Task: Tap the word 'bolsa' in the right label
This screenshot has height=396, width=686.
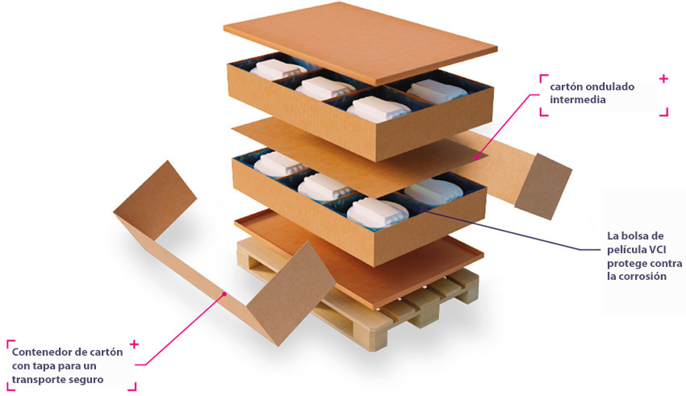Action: click(637, 236)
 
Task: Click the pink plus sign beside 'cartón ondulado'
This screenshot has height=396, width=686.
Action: click(663, 79)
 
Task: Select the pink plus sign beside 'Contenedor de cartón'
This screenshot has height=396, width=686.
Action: click(134, 344)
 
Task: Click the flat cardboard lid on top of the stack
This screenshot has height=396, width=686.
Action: click(360, 40)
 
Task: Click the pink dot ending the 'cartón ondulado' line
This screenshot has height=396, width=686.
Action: click(476, 156)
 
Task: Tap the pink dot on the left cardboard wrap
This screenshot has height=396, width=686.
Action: click(224, 294)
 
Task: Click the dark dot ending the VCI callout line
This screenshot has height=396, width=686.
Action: click(420, 211)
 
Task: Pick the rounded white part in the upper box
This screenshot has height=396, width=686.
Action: click(436, 91)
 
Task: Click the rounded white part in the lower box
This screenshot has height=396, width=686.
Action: click(433, 191)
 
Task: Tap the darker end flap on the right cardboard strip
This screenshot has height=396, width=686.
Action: click(543, 186)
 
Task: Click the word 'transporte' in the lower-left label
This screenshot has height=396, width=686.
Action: click(37, 379)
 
